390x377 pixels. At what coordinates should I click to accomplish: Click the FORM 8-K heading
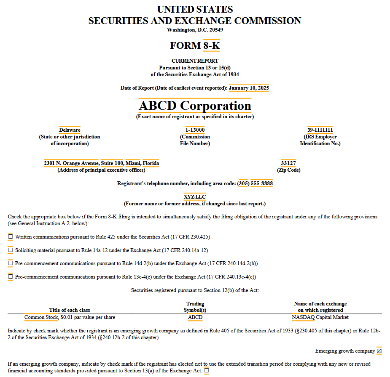pyautogui.click(x=195, y=45)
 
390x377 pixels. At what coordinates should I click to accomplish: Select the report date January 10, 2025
pyautogui.click(x=249, y=88)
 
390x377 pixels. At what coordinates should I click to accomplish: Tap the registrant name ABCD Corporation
pyautogui.click(x=195, y=106)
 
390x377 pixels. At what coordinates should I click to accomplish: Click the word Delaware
pyautogui.click(x=70, y=130)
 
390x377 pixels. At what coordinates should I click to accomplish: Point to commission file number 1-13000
pyautogui.click(x=195, y=130)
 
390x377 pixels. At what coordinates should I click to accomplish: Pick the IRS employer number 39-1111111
pyautogui.click(x=320, y=130)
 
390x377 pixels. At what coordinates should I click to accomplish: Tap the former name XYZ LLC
pyautogui.click(x=195, y=196)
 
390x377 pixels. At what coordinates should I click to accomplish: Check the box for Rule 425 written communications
pyautogui.click(x=11, y=237)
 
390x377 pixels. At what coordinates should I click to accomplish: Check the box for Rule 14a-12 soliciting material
pyautogui.click(x=11, y=250)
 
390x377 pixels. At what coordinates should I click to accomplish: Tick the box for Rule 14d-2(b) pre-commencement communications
pyautogui.click(x=11, y=263)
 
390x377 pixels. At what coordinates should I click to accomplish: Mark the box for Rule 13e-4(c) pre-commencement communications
pyautogui.click(x=11, y=277)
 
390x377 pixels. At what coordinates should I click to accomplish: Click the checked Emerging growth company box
pyautogui.click(x=379, y=351)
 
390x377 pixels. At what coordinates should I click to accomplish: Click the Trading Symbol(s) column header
pyautogui.click(x=195, y=307)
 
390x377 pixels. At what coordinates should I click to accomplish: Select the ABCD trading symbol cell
pyautogui.click(x=195, y=317)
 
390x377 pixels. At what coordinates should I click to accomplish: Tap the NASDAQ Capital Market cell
pyautogui.click(x=320, y=317)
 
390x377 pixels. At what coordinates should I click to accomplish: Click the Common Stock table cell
pyautogui.click(x=70, y=317)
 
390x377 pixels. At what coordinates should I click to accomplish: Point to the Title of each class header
pyautogui.click(x=70, y=310)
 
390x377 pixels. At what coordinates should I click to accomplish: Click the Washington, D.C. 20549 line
pyautogui.click(x=195, y=29)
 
